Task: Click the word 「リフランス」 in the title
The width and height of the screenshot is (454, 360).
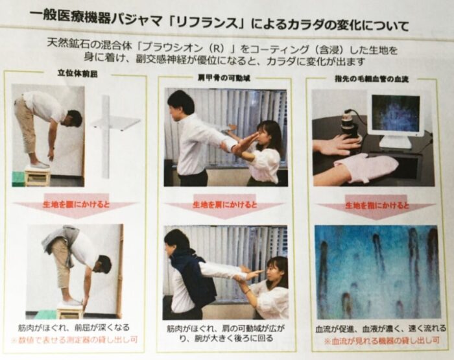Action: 206,23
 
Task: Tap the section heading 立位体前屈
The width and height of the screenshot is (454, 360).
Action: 78,73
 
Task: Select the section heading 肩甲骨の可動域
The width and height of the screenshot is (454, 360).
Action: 224,78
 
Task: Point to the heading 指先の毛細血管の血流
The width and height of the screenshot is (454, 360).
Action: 372,78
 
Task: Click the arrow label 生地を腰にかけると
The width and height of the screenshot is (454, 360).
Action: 76,204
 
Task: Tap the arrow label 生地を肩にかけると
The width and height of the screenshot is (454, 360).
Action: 225,205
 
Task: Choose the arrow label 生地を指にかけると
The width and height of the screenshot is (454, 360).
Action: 377,206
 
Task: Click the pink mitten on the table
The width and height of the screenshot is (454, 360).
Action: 365,167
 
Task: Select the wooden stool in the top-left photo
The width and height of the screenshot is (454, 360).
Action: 37,176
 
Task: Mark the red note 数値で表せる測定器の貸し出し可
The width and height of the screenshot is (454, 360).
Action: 74,340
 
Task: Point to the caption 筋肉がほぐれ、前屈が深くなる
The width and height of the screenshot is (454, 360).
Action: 74,328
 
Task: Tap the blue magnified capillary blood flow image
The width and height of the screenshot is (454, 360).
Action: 377,272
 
